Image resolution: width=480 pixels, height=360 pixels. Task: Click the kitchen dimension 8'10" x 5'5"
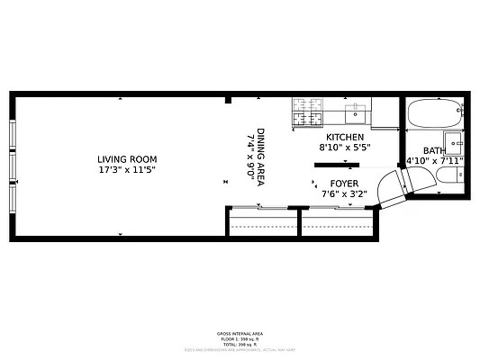[345, 147]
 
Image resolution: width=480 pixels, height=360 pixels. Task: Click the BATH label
[434, 151]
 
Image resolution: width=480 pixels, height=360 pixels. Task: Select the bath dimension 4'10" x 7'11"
[436, 161]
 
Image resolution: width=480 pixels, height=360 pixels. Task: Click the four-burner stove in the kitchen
[307, 112]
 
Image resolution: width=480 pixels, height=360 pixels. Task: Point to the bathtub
[434, 113]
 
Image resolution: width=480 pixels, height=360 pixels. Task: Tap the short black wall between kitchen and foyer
[336, 165]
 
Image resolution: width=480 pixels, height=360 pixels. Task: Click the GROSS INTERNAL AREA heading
[240, 333]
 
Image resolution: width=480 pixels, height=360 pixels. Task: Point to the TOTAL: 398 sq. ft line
[240, 344]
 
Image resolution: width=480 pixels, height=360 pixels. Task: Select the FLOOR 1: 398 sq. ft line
[240, 338]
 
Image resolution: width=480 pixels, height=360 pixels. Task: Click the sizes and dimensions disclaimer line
[240, 349]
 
